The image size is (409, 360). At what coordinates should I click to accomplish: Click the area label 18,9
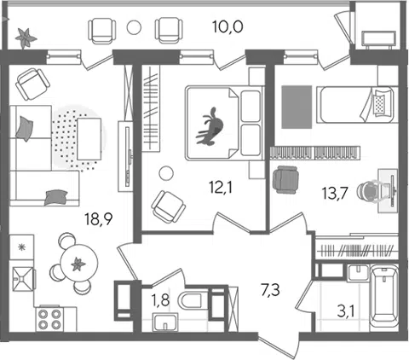[x=99, y=219]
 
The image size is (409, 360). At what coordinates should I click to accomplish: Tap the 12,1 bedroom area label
[x=220, y=188]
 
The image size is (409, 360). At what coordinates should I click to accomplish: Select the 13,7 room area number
[x=335, y=194]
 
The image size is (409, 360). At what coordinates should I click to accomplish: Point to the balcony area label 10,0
[x=228, y=27]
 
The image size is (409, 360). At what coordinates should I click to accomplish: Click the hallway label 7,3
[x=270, y=290]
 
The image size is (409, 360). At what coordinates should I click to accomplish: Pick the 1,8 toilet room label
[x=160, y=300]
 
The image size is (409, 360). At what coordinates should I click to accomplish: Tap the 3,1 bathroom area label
[x=345, y=312]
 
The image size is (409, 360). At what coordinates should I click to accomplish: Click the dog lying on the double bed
[x=210, y=127]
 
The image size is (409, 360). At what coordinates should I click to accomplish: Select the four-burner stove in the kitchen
[x=50, y=319]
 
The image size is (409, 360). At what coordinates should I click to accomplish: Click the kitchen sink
[x=23, y=279]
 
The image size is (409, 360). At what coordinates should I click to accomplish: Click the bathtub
[x=384, y=298]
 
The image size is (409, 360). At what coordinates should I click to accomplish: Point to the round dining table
[x=79, y=263]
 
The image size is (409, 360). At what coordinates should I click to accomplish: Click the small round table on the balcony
[x=134, y=27]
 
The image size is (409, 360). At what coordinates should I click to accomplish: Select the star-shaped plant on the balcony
[x=26, y=38]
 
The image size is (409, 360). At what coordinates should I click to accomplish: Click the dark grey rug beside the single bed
[x=297, y=107]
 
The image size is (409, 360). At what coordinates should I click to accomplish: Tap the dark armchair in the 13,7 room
[x=285, y=180]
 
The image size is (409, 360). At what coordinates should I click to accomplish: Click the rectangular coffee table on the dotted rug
[x=89, y=139]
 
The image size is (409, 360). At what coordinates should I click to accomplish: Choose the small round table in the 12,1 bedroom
[x=166, y=173]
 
